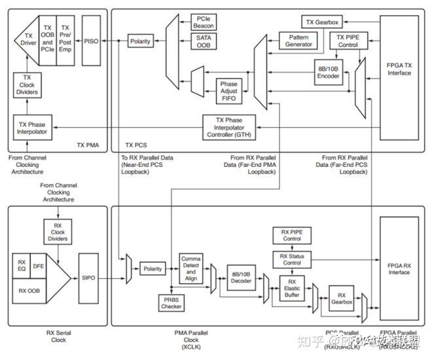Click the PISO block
click(92, 41)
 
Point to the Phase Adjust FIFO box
click(229, 91)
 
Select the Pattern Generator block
click(298, 41)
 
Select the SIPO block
click(89, 278)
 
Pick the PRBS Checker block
click(171, 302)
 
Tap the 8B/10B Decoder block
click(241, 278)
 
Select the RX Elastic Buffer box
click(291, 288)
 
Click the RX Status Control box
click(291, 259)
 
